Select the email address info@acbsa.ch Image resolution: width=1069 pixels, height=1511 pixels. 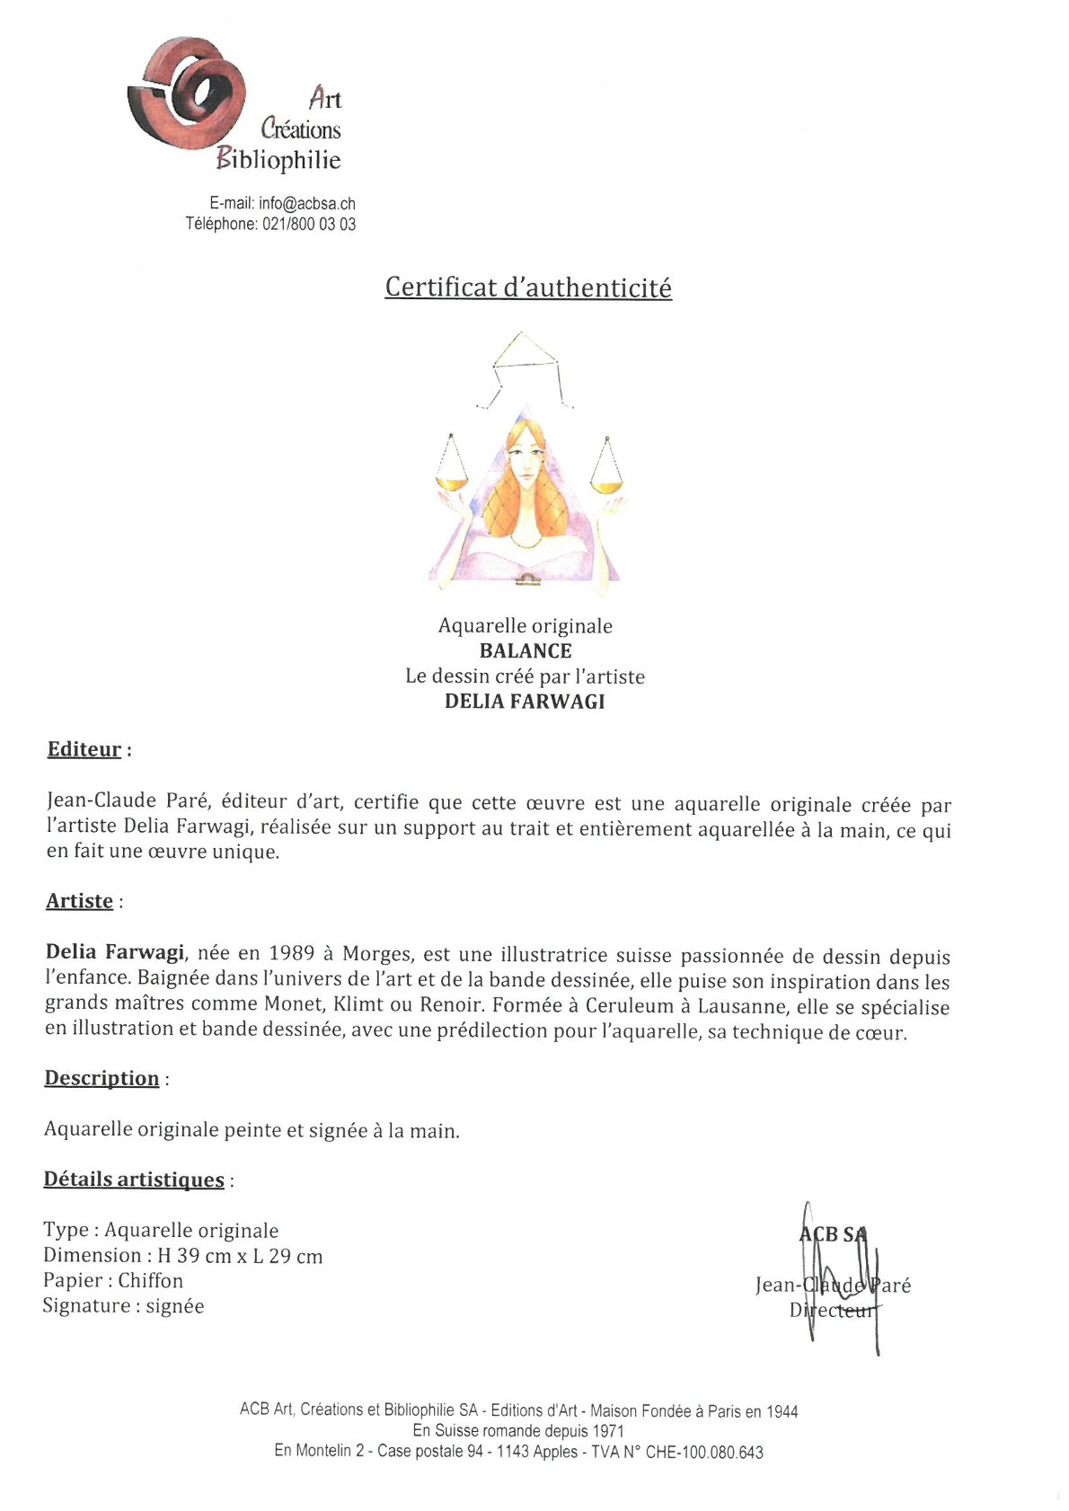coord(307,204)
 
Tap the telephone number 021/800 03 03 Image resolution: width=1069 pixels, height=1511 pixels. coord(309,225)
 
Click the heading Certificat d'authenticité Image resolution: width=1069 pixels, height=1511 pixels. coord(528,287)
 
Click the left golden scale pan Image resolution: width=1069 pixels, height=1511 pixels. coord(452,483)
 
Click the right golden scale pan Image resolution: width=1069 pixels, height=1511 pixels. coord(607,486)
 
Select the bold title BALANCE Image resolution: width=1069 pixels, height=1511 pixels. coord(526,651)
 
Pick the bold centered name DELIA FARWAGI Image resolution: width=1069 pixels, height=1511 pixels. coord(525,702)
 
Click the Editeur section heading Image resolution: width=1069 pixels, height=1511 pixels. coord(84,749)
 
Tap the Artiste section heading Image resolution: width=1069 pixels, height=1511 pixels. coord(80,901)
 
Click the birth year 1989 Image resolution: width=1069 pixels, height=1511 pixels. coord(291,953)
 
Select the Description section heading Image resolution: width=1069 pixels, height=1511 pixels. coord(102,1078)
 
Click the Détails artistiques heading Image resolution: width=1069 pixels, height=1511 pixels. coord(134,1180)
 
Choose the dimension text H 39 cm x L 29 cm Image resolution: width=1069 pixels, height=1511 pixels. coord(240,1256)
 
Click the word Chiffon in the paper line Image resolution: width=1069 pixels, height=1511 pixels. coord(150,1281)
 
